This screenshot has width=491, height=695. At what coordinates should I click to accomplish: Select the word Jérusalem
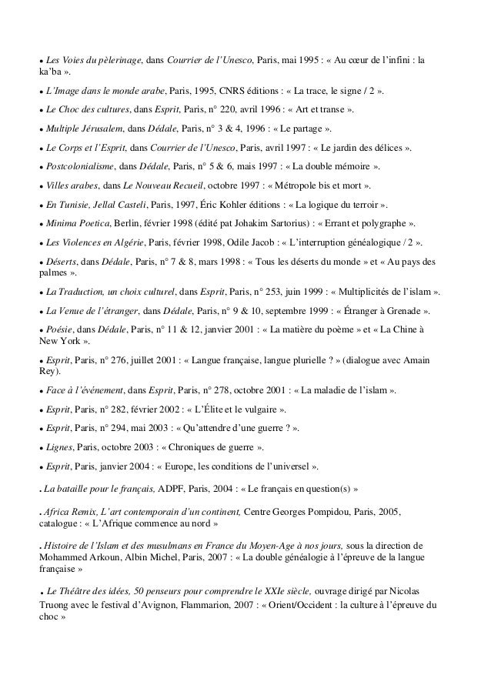(98, 128)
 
